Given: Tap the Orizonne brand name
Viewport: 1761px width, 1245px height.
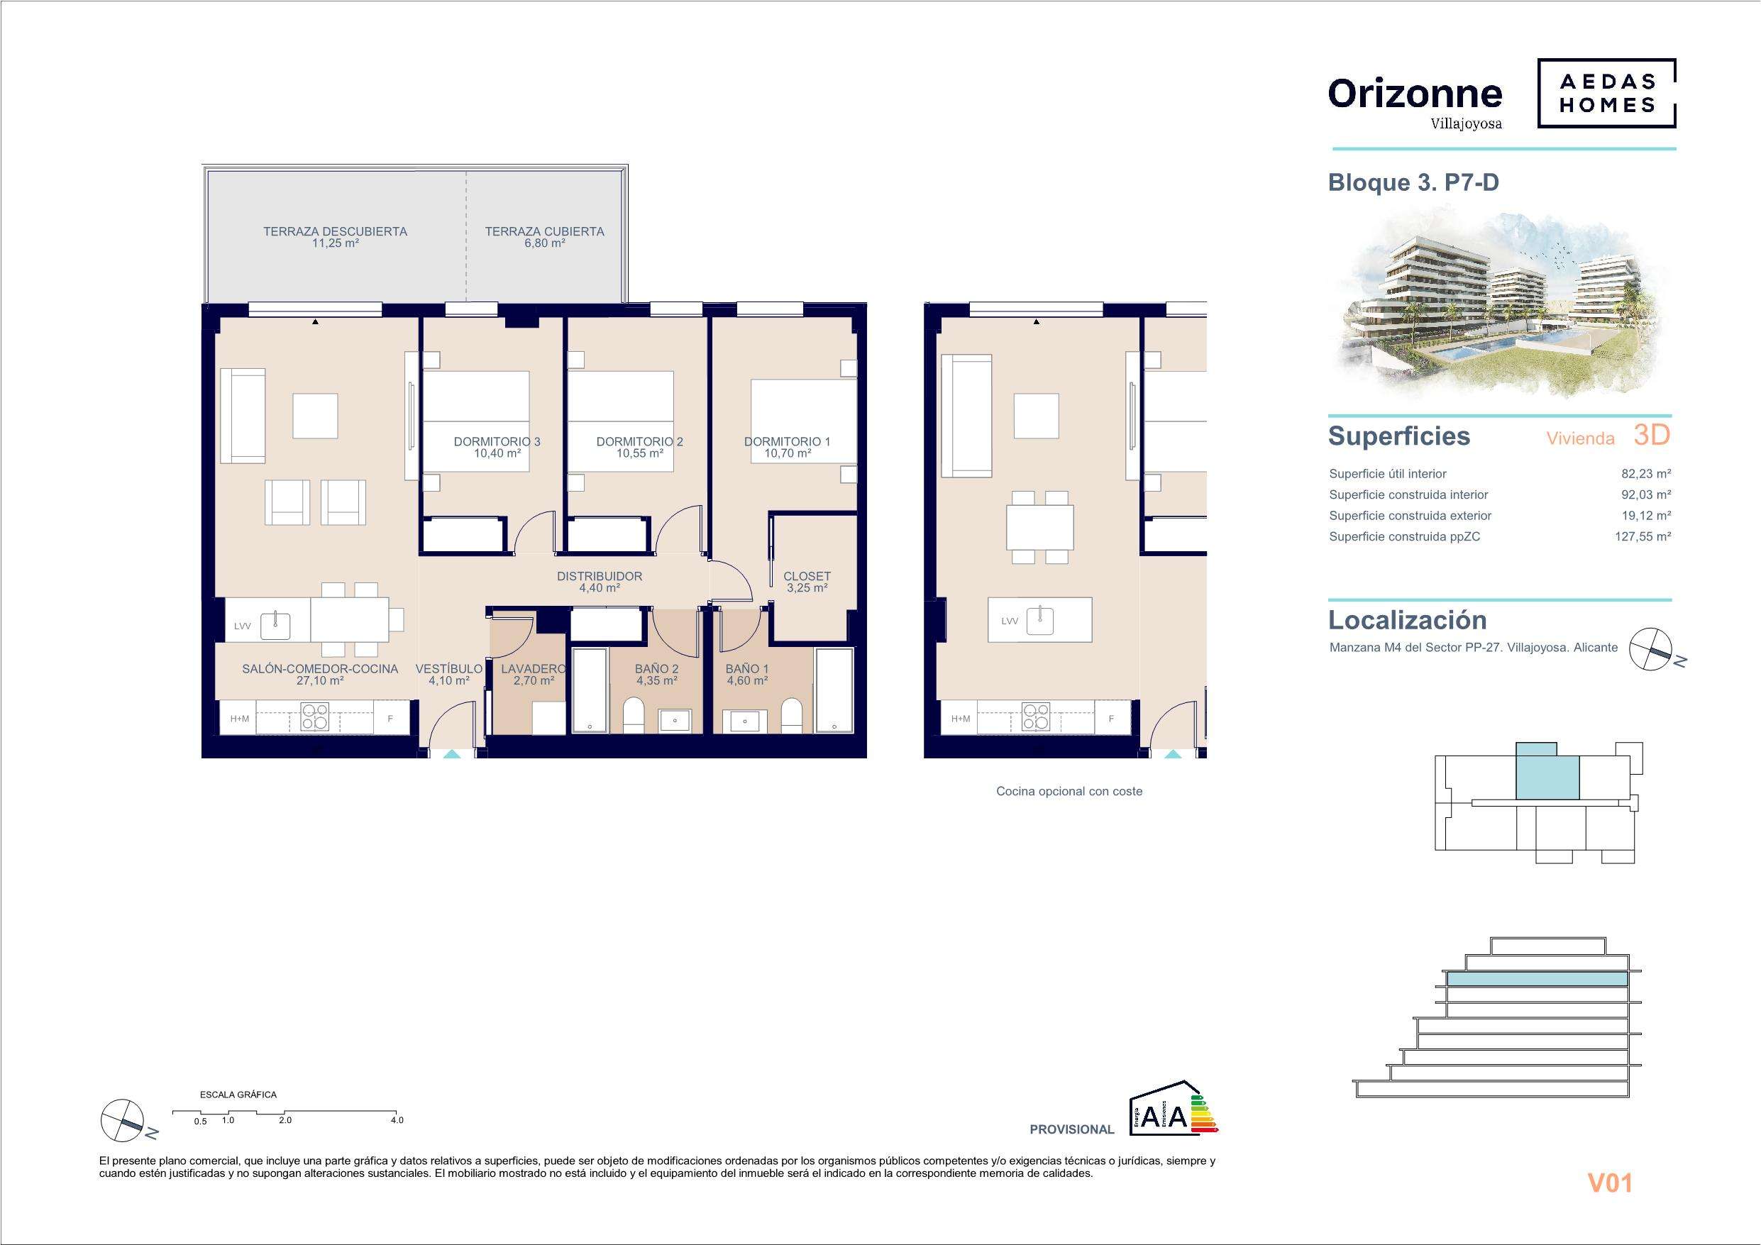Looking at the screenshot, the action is (1415, 94).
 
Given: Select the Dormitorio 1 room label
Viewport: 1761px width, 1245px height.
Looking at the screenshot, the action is (787, 441).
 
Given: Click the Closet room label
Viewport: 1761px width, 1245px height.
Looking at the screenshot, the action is (807, 576).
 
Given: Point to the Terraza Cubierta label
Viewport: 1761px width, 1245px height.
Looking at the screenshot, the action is (545, 231).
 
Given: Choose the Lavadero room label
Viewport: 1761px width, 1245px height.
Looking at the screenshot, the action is (533, 669).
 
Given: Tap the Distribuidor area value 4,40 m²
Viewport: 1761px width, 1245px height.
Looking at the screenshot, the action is (600, 588).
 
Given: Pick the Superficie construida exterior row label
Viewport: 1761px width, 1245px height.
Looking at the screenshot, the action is (1411, 516).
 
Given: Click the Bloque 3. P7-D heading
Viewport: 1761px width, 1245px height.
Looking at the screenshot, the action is (1413, 182).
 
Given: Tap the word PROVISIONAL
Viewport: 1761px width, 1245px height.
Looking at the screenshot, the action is (1071, 1129).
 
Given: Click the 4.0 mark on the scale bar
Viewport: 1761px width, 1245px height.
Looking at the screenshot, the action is (397, 1120).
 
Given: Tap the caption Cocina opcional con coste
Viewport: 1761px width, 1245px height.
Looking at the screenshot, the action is (1069, 791).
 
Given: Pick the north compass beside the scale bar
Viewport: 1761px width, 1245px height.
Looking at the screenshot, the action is (123, 1122).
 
